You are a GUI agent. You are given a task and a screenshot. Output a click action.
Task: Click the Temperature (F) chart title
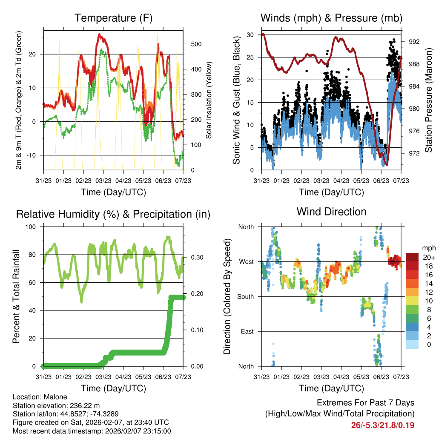coord(113,18)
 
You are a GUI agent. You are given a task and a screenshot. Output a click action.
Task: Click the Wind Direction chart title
coord(331,212)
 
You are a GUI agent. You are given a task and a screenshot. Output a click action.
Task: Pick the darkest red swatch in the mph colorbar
coord(412,257)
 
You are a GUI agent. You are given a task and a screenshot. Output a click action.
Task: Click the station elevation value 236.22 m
coord(83,405)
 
